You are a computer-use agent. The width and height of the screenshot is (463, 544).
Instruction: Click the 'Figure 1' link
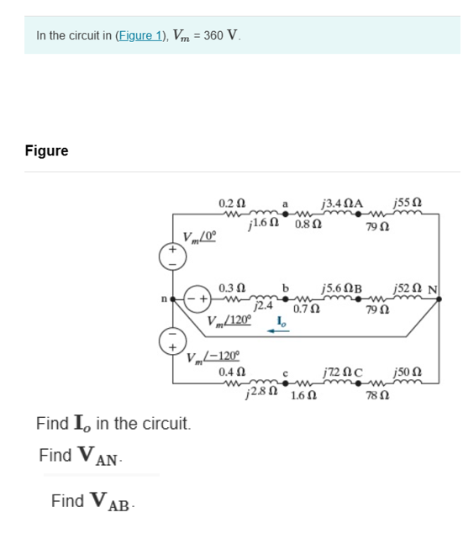(x=139, y=35)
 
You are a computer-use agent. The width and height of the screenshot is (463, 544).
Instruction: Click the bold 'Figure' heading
(x=47, y=151)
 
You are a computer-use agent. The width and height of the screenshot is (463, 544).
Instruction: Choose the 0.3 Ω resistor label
(x=232, y=288)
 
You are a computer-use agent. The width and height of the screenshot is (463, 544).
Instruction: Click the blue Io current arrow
(x=276, y=331)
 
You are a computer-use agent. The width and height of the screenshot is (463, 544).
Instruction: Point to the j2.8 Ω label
(x=260, y=392)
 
